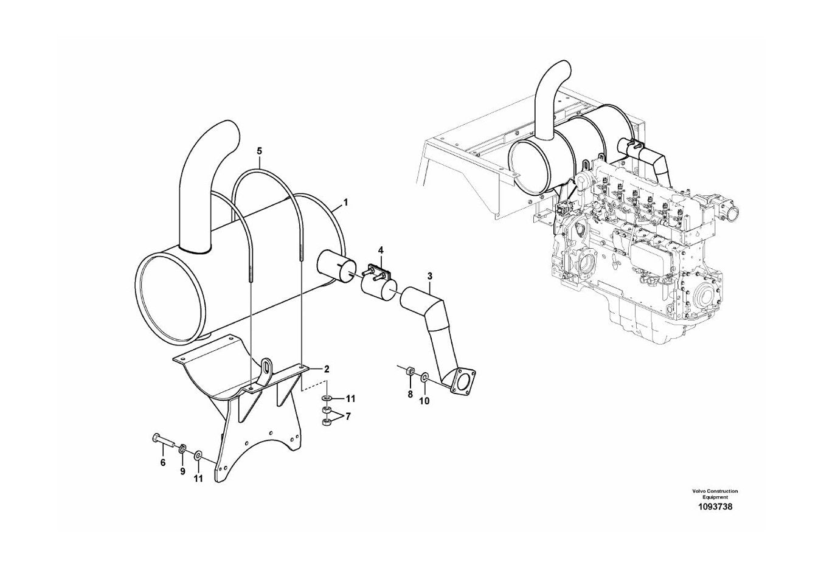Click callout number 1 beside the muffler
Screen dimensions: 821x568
coord(345,202)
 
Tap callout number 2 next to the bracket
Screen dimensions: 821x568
coord(326,369)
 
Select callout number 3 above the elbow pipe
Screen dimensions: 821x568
coord(430,275)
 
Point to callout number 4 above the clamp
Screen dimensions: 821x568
coord(381,251)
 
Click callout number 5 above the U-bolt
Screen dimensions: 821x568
coord(260,151)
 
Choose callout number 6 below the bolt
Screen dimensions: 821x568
coord(163,463)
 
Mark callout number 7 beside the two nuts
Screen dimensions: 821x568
coord(348,417)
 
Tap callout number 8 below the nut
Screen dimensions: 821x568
coord(410,394)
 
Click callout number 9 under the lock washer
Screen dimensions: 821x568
coord(182,472)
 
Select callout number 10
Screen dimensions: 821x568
coord(424,401)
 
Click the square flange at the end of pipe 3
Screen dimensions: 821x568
coord(463,383)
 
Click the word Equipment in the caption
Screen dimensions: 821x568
coord(715,497)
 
